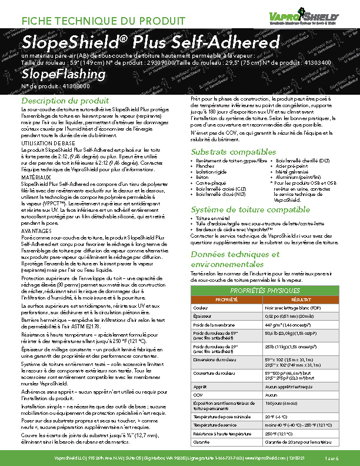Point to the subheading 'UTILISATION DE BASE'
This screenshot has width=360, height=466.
click(48, 143)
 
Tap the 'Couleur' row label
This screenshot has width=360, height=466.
click(201, 308)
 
